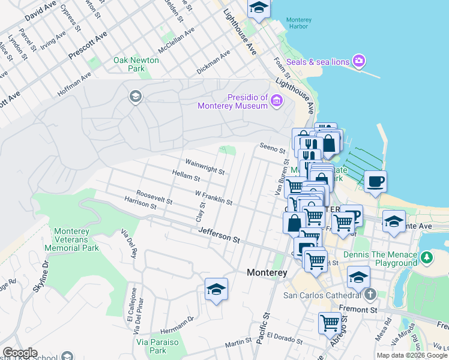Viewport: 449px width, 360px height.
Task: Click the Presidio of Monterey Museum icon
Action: pyautogui.click(x=276, y=101)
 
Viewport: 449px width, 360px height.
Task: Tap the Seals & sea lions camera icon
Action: pyautogui.click(x=360, y=61)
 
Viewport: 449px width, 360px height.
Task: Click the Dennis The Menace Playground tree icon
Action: pyautogui.click(x=426, y=258)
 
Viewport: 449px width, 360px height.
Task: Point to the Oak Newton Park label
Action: pyautogui.click(x=136, y=64)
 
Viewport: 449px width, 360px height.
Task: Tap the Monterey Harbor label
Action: pyautogui.click(x=297, y=23)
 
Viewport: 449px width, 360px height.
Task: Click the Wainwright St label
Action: pyautogui.click(x=205, y=167)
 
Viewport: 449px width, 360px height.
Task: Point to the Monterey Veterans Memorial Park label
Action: pyautogui.click(x=76, y=239)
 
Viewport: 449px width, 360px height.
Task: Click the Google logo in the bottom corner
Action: pyautogui.click(x=19, y=353)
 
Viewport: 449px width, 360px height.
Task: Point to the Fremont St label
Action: pyautogui.click(x=357, y=310)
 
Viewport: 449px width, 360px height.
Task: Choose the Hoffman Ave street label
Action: pyautogui.click(x=74, y=85)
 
